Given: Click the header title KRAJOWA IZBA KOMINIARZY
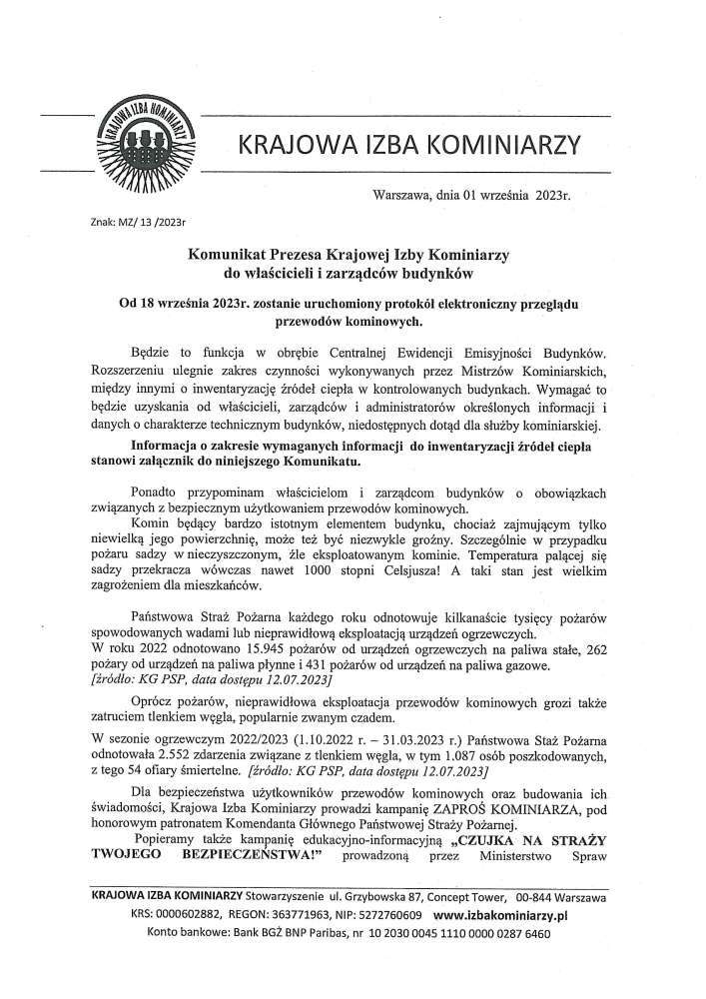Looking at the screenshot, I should [x=408, y=147].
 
